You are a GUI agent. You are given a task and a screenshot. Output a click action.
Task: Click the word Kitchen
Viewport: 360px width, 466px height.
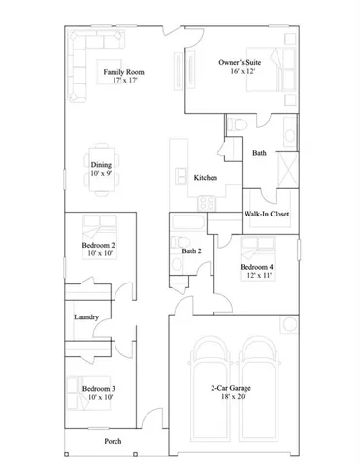pos(205,178)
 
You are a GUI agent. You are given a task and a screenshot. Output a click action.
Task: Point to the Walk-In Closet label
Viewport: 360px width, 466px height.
pos(267,215)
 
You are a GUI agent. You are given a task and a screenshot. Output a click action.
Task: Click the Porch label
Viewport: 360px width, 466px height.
pos(114,441)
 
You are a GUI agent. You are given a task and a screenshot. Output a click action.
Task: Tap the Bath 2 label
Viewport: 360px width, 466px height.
pos(191,251)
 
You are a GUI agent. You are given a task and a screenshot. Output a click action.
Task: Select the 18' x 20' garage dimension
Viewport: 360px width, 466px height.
pos(230,397)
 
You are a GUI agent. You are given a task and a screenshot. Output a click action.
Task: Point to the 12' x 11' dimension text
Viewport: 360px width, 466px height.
pos(257,274)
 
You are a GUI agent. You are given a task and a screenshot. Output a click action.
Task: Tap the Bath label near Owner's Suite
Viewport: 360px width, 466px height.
pos(259,153)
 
